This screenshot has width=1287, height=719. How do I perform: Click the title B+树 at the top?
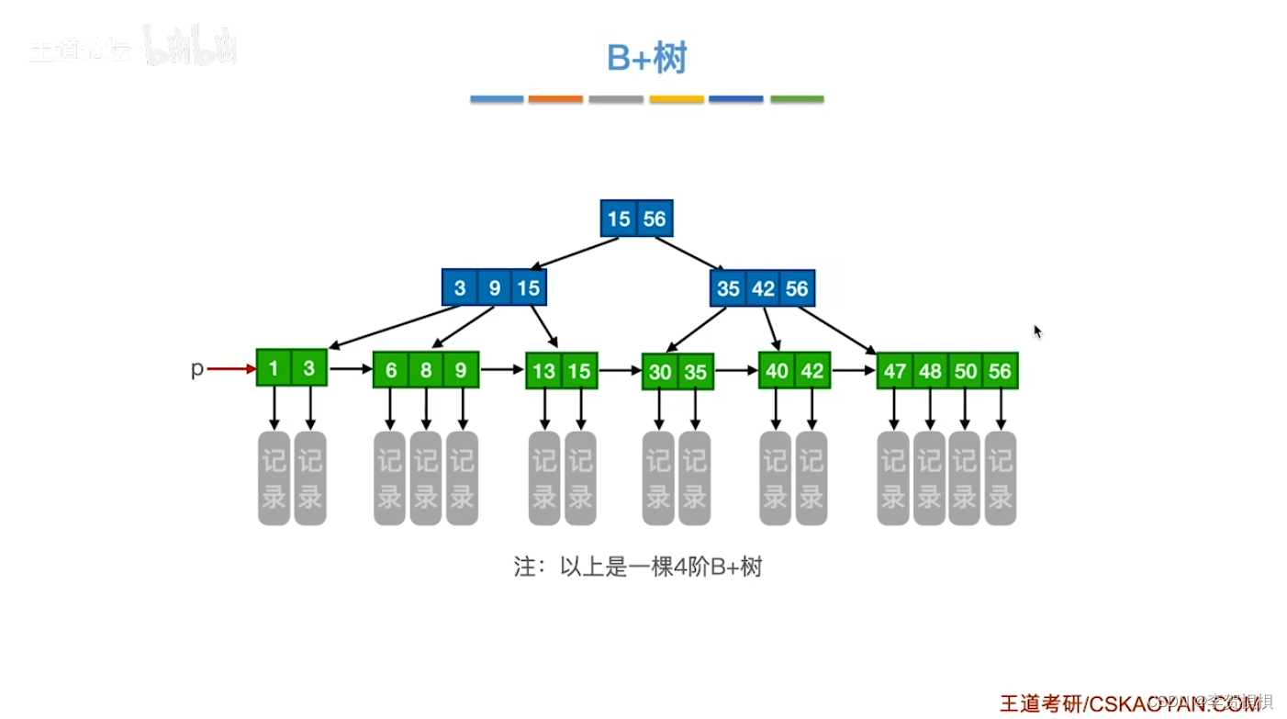646,58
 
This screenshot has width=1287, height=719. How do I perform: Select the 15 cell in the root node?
619,219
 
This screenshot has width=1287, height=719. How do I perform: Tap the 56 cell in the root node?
655,219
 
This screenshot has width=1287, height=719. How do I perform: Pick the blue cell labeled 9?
494,288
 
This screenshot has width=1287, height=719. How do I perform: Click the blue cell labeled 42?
763,288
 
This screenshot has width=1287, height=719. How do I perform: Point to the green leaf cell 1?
274,368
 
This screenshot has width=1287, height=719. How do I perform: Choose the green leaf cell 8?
426,371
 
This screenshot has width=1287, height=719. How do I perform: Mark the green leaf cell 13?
544,371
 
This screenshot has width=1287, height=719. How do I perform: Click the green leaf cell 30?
660,373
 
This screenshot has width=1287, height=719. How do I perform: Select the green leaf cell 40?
777,371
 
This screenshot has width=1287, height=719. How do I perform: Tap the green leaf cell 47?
894,371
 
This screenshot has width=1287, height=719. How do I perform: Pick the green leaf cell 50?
965,371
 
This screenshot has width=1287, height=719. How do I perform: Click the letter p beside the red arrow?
196,369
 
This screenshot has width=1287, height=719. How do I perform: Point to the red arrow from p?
231,369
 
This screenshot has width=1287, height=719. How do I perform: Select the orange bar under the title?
555,99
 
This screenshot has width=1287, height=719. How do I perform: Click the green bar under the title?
797,99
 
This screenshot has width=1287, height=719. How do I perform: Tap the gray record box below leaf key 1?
274,477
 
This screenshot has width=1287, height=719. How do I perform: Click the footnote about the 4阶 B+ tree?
638,567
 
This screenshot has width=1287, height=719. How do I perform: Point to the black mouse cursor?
1038,331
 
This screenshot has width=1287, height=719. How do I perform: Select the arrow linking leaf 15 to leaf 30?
619,371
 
